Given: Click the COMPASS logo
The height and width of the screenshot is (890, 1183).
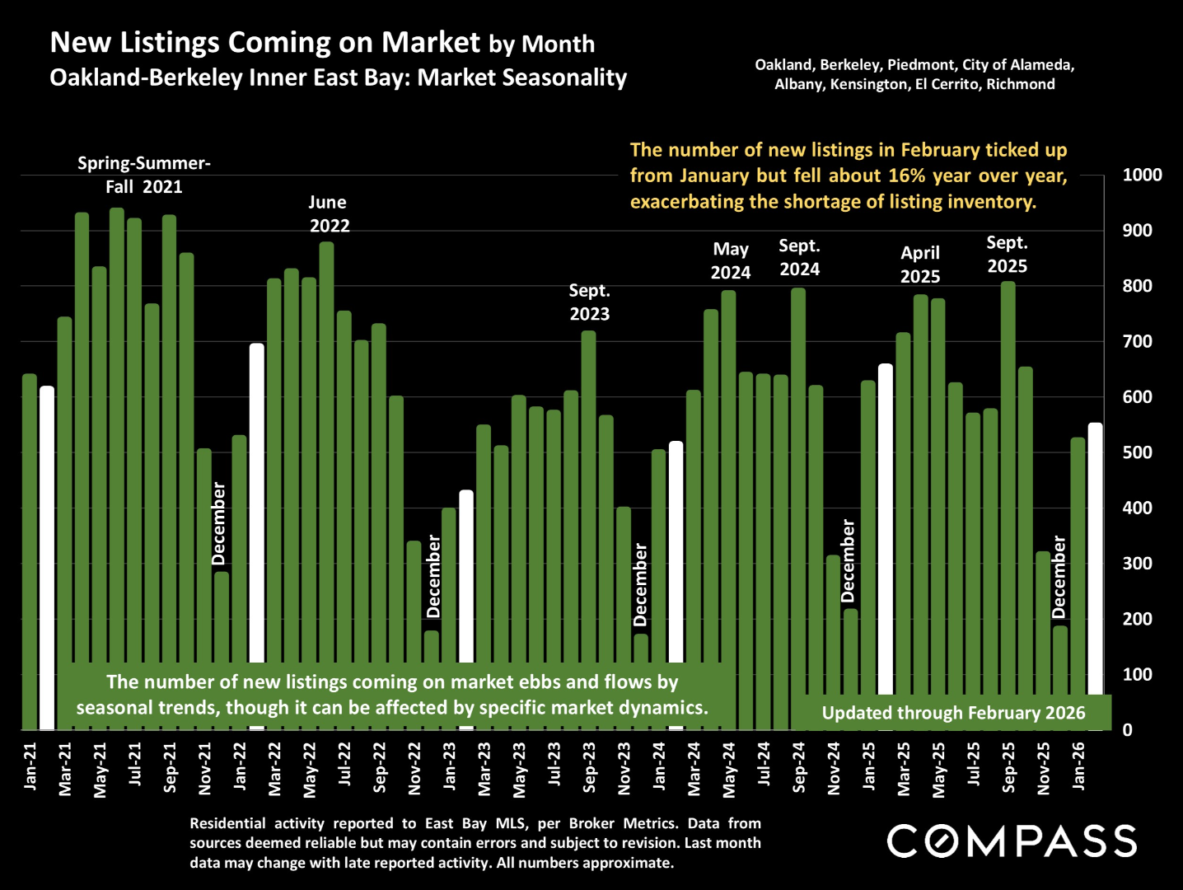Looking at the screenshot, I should coord(1012,841).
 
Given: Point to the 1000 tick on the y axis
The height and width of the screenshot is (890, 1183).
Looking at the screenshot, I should coord(1142,175).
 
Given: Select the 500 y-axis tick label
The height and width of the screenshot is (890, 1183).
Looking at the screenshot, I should coord(1137,452).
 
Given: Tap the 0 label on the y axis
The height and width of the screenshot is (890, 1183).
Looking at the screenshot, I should coord(1127,730).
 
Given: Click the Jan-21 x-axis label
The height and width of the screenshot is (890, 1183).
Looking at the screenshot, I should coord(30,766).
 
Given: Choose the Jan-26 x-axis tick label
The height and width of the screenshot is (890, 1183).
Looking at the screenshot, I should coord(1078,766).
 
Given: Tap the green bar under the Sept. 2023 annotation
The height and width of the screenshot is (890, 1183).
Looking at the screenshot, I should coord(588,494).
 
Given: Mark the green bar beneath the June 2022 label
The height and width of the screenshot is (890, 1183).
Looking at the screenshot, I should coord(326,453).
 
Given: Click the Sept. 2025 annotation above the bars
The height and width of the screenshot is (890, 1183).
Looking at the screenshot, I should coord(1007,255).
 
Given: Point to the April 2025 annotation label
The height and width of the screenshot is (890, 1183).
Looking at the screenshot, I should coord(919,265).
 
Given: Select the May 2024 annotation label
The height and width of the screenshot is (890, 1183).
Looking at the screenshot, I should coord(731,261).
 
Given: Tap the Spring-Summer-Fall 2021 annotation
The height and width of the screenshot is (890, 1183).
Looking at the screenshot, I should coord(144,175).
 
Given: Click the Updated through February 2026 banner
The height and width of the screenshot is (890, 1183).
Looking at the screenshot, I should coord(953,713).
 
